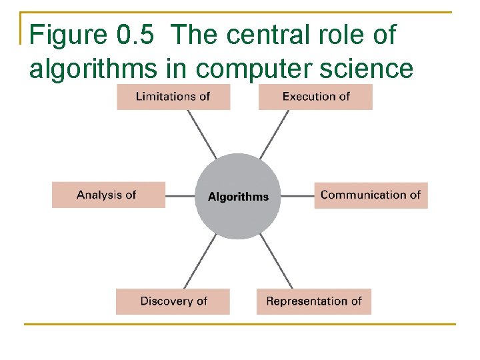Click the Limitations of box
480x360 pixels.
[x=173, y=97]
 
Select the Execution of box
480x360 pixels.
[x=315, y=97]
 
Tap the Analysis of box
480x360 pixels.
[x=108, y=195]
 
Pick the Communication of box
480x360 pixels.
[x=371, y=195]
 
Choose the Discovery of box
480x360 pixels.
[x=173, y=301]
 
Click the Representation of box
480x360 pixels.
[x=313, y=301]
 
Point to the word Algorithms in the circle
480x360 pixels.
[x=238, y=197]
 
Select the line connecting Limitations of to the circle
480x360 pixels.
[x=201, y=134]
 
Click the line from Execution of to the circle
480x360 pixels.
[x=275, y=134]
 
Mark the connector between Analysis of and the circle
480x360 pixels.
[x=180, y=196]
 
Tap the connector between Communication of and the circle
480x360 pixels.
[x=297, y=196]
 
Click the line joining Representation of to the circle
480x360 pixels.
[x=275, y=261]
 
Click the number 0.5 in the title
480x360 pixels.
[x=138, y=35]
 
